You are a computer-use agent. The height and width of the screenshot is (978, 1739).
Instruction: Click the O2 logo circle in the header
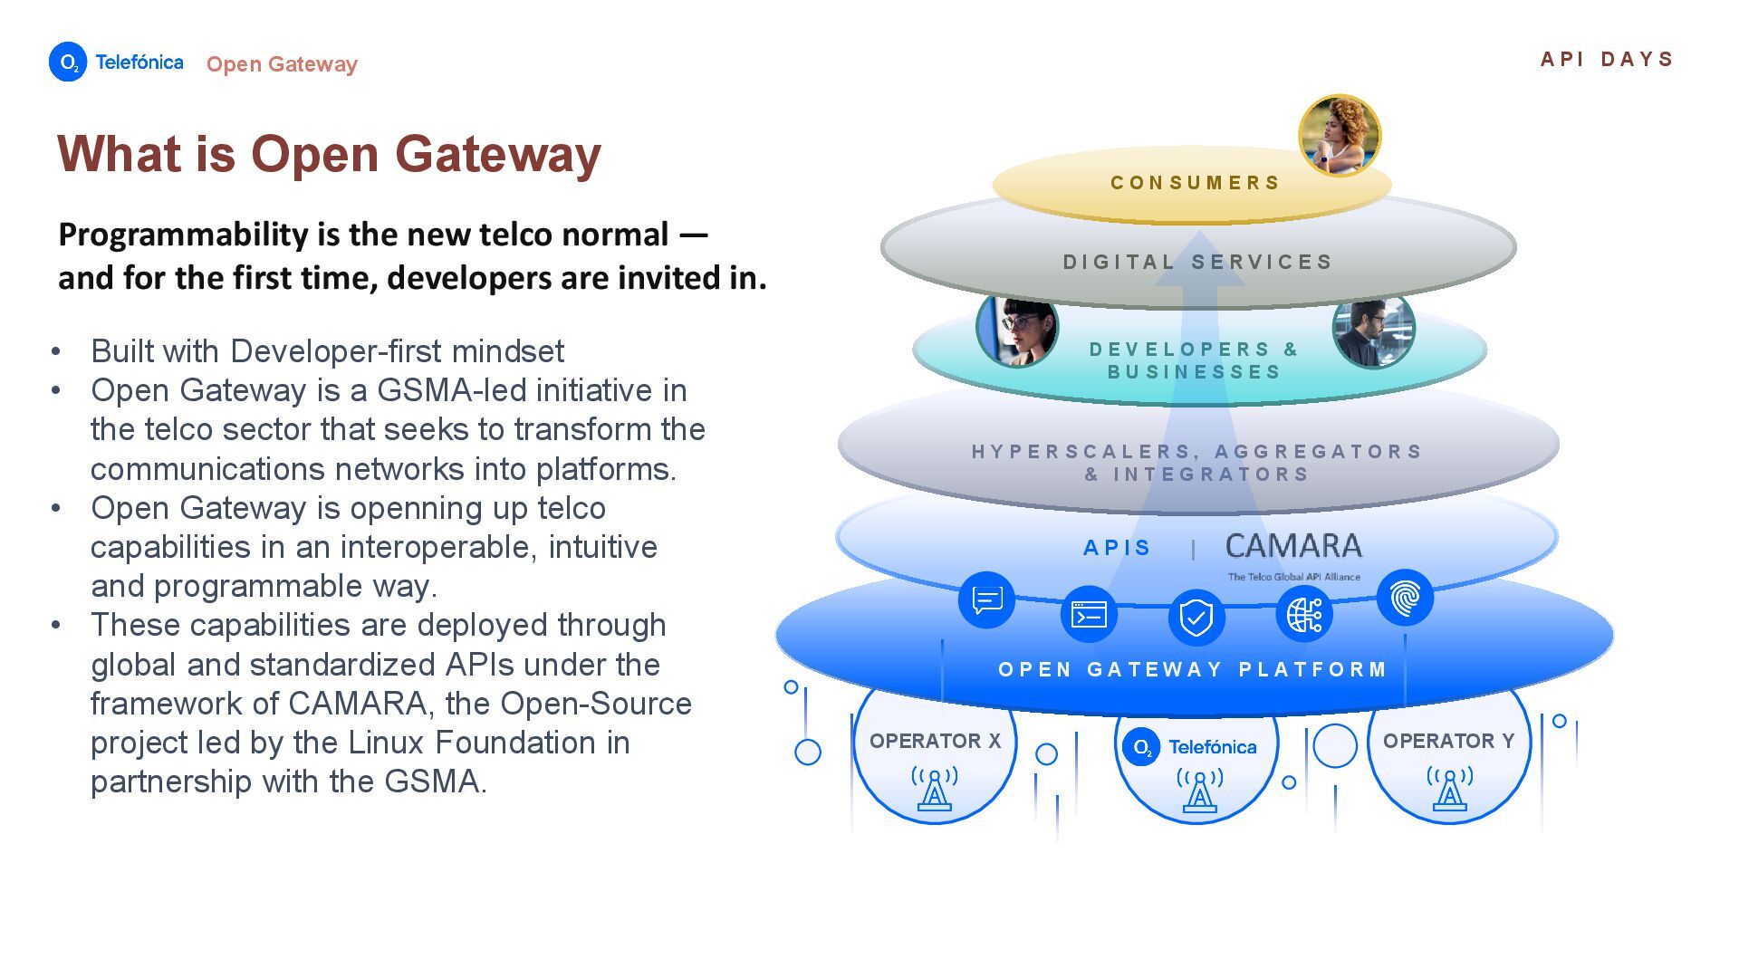coord(68,62)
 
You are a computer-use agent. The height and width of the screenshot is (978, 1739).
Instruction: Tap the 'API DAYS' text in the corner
coord(1607,59)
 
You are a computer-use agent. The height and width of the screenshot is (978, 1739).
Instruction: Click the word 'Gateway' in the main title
coord(497,155)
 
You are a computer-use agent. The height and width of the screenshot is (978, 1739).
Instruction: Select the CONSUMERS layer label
coord(1195,183)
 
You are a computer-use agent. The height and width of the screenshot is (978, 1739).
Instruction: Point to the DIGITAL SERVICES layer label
coord(1197,262)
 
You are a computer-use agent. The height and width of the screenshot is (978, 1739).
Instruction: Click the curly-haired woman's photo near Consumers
coord(1340,136)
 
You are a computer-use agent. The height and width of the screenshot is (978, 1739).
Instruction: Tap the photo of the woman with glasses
coord(1017,328)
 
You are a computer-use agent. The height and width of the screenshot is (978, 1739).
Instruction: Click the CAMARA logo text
coord(1293,546)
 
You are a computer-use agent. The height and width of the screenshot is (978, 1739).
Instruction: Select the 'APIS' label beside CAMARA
coord(1117,548)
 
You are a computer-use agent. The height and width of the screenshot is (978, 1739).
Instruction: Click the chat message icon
coord(986,599)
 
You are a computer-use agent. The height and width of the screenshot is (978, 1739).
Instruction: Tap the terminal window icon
coord(1089,615)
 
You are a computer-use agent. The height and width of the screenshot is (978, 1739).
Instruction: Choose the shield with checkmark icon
coord(1196,618)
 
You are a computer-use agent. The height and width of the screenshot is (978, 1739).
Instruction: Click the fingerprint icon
coord(1405,598)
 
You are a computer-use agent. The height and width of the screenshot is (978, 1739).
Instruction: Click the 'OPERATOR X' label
coord(935,741)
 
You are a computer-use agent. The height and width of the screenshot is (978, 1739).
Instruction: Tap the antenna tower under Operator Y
coord(1449,787)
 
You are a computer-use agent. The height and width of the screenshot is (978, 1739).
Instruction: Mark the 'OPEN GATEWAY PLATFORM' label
coord(1193,669)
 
